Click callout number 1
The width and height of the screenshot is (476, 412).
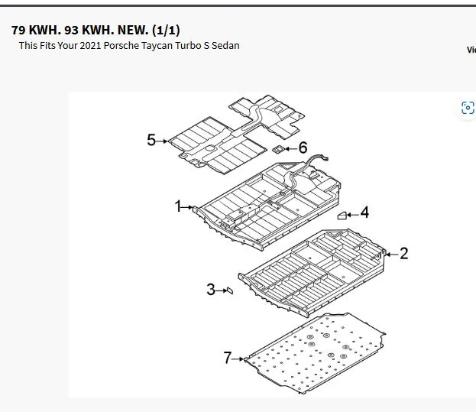(x=178, y=206)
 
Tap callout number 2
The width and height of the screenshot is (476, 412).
(x=403, y=254)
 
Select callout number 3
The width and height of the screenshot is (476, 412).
(x=211, y=290)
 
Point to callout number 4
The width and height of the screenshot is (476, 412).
(x=364, y=212)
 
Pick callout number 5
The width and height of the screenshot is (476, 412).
(x=151, y=140)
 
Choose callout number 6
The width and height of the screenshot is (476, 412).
(x=303, y=148)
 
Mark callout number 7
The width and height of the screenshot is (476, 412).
(x=228, y=358)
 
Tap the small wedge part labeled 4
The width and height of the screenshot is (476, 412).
(x=342, y=216)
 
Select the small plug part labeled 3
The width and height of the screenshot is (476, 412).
(x=230, y=290)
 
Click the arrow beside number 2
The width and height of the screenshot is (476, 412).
(x=392, y=255)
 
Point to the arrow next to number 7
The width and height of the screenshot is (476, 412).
(x=238, y=358)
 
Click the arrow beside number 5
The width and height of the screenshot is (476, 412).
(x=162, y=141)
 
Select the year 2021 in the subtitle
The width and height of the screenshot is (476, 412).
(x=90, y=46)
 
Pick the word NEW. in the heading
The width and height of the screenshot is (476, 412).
(x=133, y=30)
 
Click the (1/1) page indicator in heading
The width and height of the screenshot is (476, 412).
(x=166, y=30)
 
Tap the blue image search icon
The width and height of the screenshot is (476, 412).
(x=468, y=108)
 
